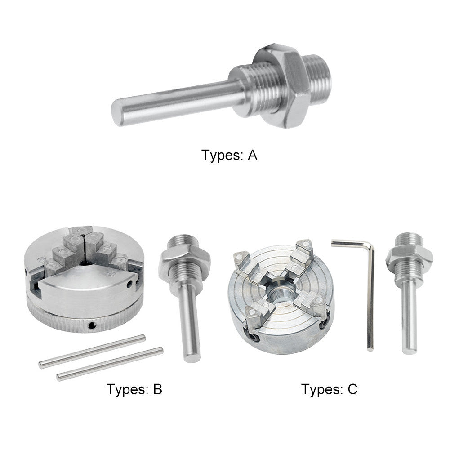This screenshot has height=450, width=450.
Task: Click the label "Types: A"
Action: coord(229,156)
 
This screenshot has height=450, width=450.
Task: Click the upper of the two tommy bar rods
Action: coord(92,351)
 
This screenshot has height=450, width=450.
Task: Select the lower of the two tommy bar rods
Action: coord(110,364)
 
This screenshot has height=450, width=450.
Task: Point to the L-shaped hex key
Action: coord(366,279)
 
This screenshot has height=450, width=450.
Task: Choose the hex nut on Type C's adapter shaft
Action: coord(408,256)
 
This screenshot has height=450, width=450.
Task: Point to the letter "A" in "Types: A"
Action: coord(252,156)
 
